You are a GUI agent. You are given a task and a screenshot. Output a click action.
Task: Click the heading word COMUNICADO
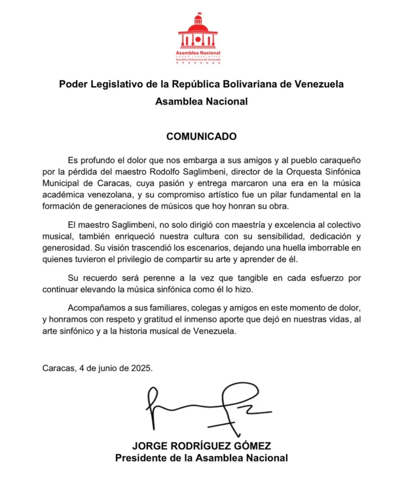click(x=202, y=136)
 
